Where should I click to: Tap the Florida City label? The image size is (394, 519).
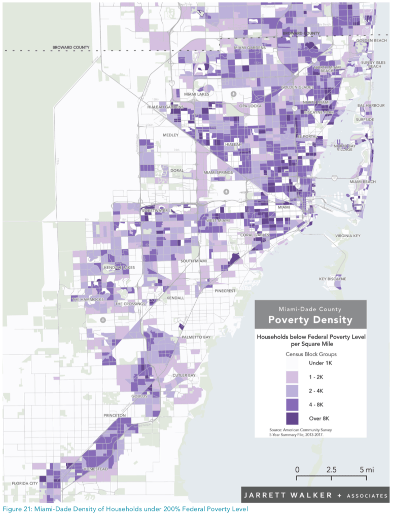pyautogui.click(x=25, y=484)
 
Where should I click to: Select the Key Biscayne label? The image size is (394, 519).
pyautogui.click(x=333, y=279)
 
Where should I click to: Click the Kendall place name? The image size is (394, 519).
pyautogui.click(x=175, y=298)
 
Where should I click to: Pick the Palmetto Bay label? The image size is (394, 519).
pyautogui.click(x=196, y=337)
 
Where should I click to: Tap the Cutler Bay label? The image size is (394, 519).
pyautogui.click(x=184, y=375)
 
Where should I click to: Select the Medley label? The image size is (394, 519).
pyautogui.click(x=171, y=135)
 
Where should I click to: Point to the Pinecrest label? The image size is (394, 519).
pyautogui.click(x=225, y=291)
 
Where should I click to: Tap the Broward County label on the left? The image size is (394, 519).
pyautogui.click(x=70, y=48)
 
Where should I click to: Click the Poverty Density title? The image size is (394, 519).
pyautogui.click(x=310, y=320)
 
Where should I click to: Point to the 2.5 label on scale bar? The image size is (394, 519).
pyautogui.click(x=332, y=469)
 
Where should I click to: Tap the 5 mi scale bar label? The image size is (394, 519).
pyautogui.click(x=366, y=469)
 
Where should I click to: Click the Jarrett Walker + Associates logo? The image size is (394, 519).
pyautogui.click(x=315, y=495)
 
